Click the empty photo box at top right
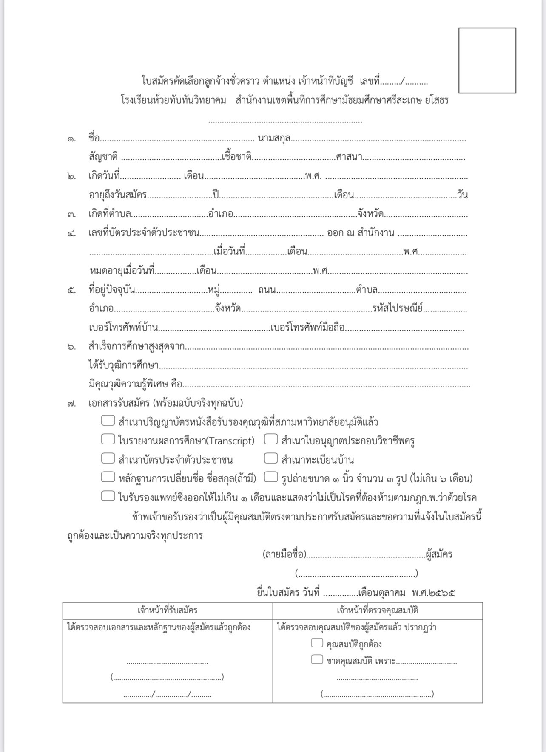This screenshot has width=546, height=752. point(487,60)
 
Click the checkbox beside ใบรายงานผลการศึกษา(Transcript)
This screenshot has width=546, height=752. point(108,439)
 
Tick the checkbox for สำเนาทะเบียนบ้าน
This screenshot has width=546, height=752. point(271,458)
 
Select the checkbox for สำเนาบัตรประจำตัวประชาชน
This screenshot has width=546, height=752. point(108,458)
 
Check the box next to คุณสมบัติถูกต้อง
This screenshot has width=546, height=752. point(317,643)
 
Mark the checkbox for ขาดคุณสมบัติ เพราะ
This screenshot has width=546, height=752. point(317,659)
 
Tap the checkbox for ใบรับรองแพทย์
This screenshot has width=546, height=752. point(108,496)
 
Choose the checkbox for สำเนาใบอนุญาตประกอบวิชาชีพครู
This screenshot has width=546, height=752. point(271,439)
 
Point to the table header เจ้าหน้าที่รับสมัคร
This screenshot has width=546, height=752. point(168,611)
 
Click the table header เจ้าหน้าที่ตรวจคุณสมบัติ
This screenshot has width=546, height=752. point(377,611)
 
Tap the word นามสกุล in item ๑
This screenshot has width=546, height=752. point(274,138)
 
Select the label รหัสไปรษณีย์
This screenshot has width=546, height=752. point(397,308)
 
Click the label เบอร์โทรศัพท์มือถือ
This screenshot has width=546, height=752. point(308,328)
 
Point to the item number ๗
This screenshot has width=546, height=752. point(71,404)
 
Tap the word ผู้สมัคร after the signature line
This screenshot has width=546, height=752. point(439,554)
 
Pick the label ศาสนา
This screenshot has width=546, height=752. point(349,157)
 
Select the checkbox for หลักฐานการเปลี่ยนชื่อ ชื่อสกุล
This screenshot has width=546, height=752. point(108,477)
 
